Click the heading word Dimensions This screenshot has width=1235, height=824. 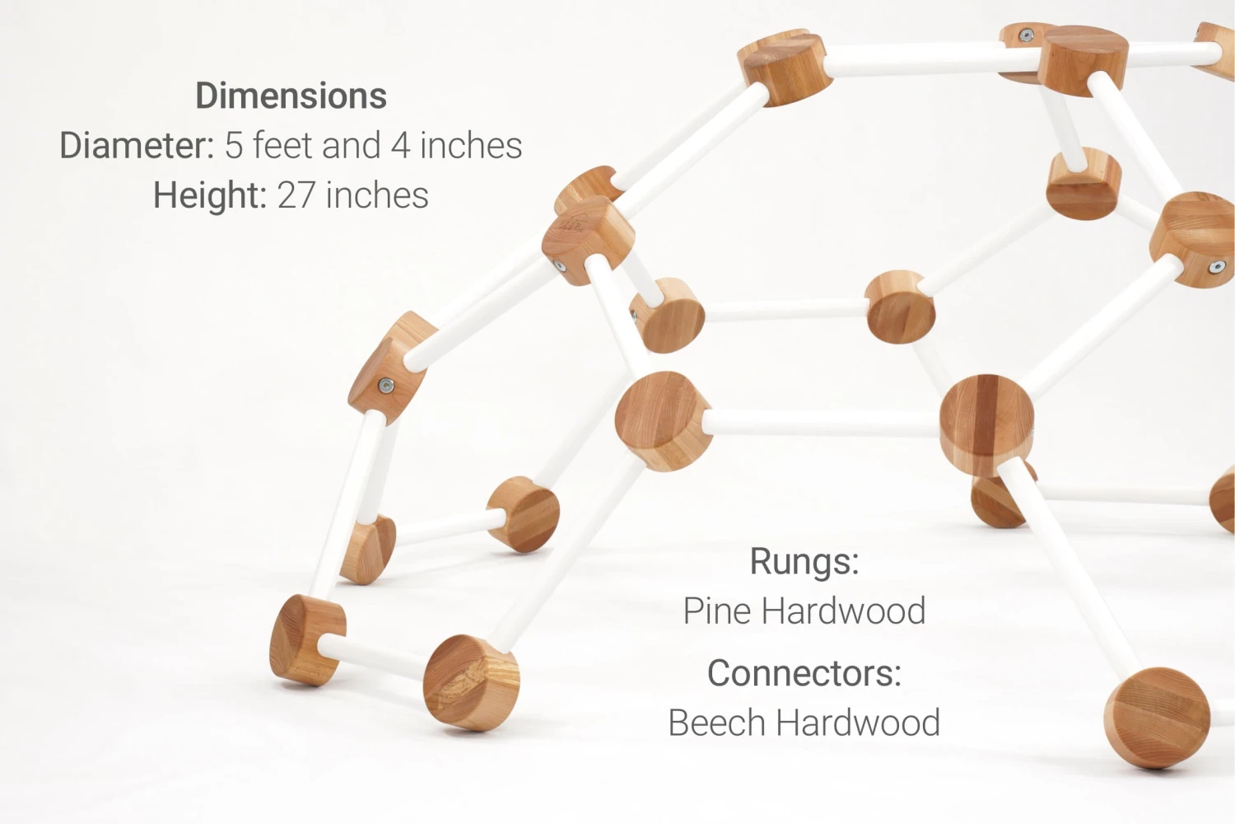pos(291,96)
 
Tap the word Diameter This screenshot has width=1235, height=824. pos(136,146)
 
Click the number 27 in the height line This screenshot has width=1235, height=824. pos(296,196)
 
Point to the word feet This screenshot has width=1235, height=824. pos(282,146)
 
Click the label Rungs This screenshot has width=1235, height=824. pos(804,562)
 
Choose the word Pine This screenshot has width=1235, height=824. pos(717,611)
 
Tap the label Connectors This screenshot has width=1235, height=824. pos(804,673)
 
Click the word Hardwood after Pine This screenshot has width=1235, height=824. pos(844,611)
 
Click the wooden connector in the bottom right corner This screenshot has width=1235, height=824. pos(1157,718)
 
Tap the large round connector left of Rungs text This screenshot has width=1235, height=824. pos(663,420)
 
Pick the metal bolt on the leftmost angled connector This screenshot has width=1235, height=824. pos(385,385)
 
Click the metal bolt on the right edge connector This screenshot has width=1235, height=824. pos(1216,267)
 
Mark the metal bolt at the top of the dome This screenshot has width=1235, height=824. pos(1026,35)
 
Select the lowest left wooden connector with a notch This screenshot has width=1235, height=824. pos(306,640)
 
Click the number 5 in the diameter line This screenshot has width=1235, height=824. pos(234,146)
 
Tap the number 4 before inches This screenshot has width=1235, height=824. pos(400,146)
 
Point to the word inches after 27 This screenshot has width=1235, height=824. pos(377,196)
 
